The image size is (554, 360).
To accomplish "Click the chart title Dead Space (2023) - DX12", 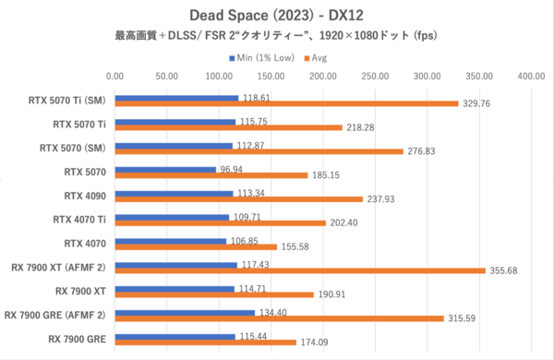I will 276,15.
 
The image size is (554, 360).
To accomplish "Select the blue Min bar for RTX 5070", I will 165,169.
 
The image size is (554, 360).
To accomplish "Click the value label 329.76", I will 479,102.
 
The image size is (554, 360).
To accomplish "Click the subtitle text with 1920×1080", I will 276,36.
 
